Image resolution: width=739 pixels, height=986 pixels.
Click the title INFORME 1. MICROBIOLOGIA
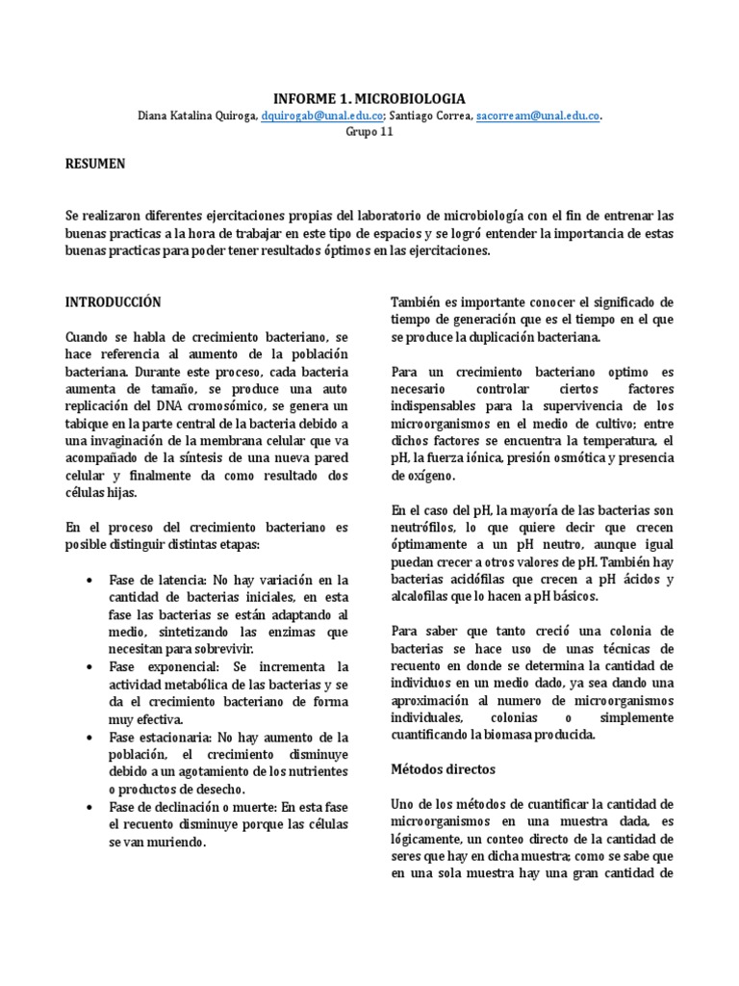click(x=369, y=98)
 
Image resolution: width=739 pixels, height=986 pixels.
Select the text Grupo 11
click(x=369, y=132)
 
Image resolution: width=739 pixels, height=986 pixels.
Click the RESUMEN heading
click(x=95, y=164)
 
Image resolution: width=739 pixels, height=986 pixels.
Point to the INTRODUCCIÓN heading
click(x=113, y=301)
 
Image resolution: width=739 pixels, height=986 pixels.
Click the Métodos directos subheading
click(x=443, y=769)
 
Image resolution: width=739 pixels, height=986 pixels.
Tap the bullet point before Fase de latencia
click(x=89, y=581)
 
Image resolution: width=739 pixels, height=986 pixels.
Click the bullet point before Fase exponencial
click(x=89, y=666)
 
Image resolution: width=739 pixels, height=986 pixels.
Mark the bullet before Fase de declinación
click(x=89, y=807)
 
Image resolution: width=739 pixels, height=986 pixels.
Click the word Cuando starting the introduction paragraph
click(x=89, y=337)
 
